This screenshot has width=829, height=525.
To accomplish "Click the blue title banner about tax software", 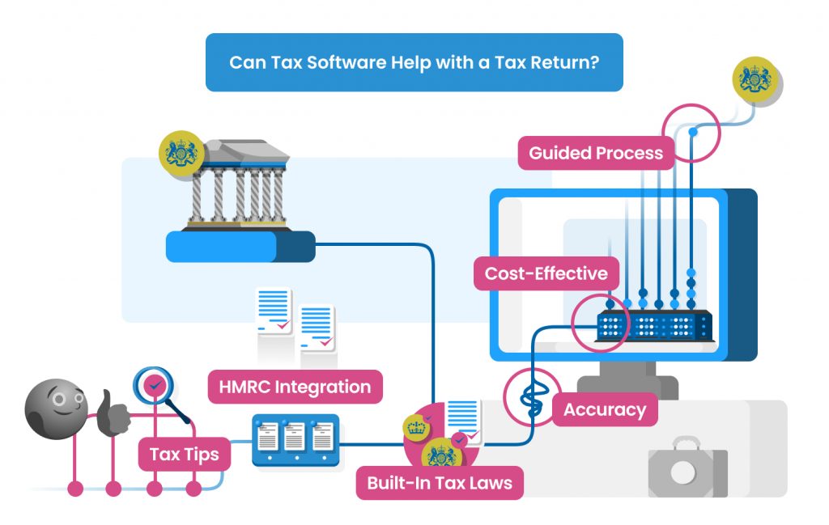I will point(414,62).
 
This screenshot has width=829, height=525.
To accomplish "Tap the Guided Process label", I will point(595,153).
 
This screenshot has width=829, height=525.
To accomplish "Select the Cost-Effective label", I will point(546,273).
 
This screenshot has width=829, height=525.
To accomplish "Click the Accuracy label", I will point(605,409).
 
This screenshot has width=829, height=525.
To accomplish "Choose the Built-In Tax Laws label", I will point(440,484).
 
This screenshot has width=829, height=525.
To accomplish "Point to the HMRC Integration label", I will point(295,387).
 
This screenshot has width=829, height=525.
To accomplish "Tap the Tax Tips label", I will point(184,454).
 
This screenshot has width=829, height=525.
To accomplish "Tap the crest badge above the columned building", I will point(181,154).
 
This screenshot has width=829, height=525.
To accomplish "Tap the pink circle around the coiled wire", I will point(532,396).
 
